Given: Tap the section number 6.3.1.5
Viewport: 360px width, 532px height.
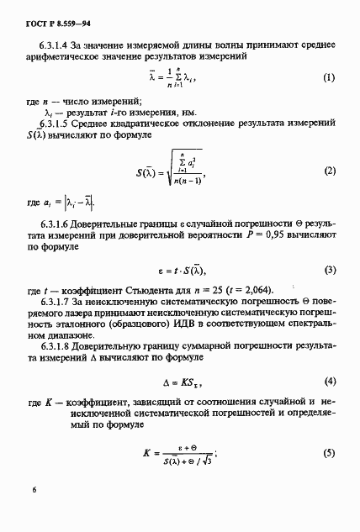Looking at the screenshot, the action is [58, 124].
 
